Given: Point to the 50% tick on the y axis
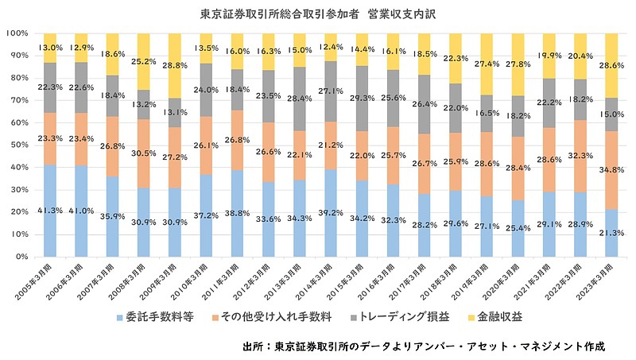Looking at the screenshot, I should (x=18, y=145).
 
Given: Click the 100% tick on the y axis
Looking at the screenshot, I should (x=17, y=33).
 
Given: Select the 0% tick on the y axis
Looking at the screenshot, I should (x=21, y=257).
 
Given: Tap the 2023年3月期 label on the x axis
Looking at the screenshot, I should (x=599, y=278).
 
